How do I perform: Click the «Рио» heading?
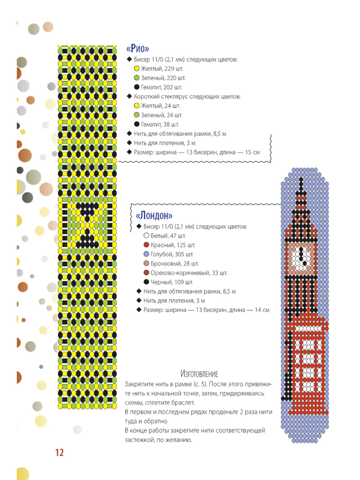[138, 49]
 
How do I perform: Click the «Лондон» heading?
[154, 215]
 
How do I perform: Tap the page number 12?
[59, 452]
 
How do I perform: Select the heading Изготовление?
[199, 374]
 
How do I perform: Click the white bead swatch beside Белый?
[146, 235]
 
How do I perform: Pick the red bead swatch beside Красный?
[146, 245]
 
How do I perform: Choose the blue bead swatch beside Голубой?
[146, 254]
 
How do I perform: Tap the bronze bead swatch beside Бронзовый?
[146, 263]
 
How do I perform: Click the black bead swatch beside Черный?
[146, 282]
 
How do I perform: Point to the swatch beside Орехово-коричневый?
[146, 273]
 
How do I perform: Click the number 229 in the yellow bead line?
[169, 69]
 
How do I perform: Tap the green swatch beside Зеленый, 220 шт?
[136, 78]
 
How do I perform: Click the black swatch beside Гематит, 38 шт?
[136, 124]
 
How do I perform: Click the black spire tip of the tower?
[301, 179]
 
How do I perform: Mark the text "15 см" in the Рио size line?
[252, 152]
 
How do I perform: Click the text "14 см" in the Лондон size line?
[262, 310]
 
